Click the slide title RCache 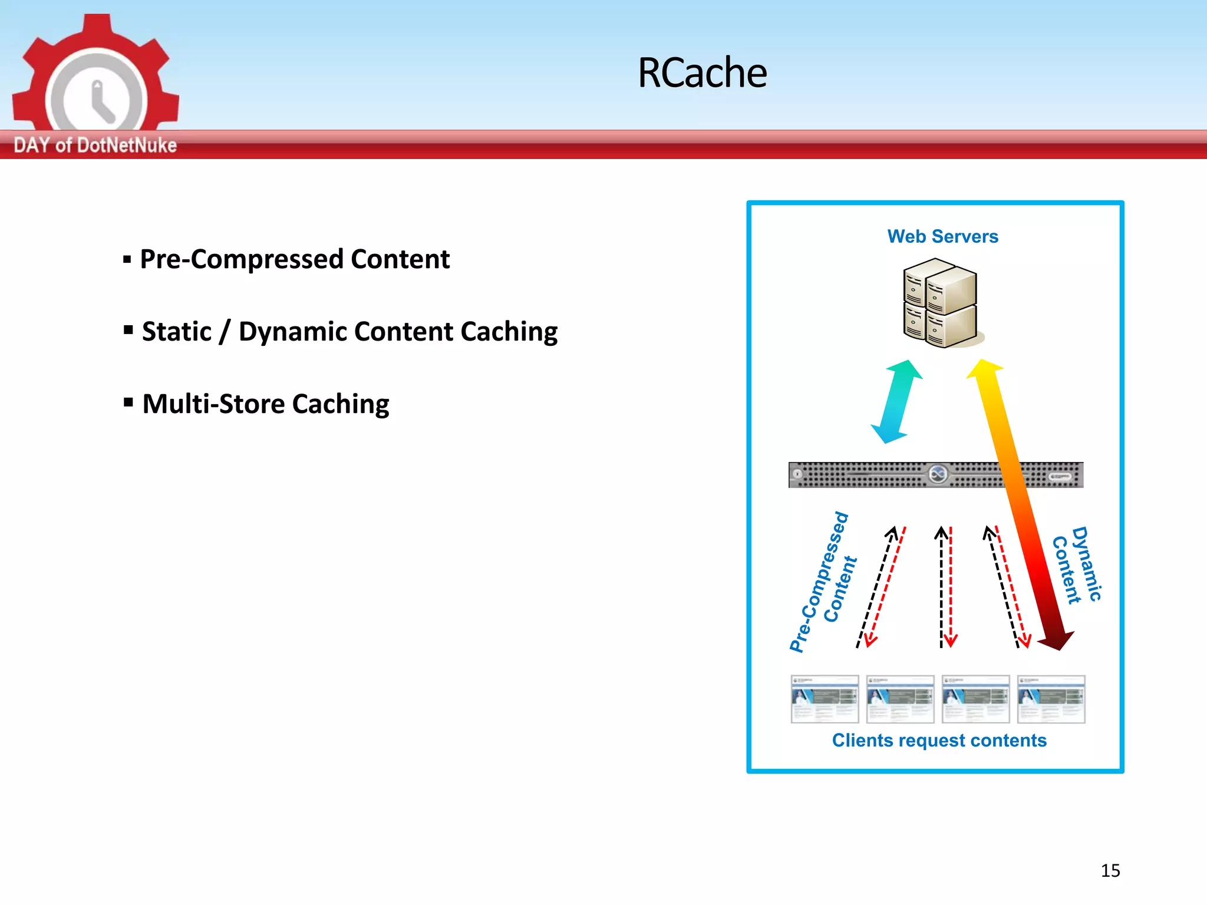702,73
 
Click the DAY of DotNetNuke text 95,145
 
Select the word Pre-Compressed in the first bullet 241,259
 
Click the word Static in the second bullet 177,332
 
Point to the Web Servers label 942,236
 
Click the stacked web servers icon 940,303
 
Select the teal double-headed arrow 896,401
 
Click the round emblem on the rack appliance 938,474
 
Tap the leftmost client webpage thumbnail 825,699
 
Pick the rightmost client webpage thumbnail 1051,699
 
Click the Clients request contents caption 939,740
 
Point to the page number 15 1110,870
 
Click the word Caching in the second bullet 509,332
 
